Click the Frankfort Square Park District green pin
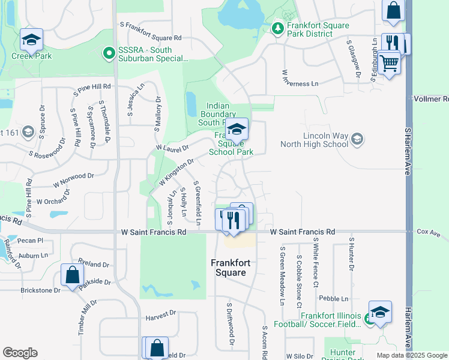point(277,28)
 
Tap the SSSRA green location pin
point(109,53)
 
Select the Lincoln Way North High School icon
point(357,139)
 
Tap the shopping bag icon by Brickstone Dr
point(72,275)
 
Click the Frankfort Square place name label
point(228,268)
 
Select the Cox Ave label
point(429,232)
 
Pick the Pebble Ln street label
point(334,298)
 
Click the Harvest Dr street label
point(160,313)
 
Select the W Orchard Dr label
point(53,198)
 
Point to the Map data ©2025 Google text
point(412,355)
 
